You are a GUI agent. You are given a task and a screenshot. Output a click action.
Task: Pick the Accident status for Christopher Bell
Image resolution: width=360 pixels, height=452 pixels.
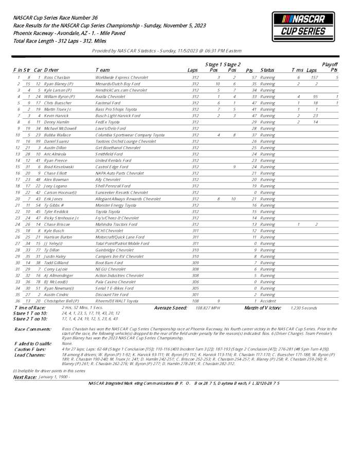coord(268,301)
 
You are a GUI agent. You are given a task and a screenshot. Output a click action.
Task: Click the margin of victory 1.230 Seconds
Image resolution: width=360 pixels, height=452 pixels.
coord(302,308)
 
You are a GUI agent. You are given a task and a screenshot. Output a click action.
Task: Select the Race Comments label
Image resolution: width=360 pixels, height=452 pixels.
coord(33,329)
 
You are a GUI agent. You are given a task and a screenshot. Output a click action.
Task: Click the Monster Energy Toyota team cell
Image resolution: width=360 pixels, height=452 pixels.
coord(116,205)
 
